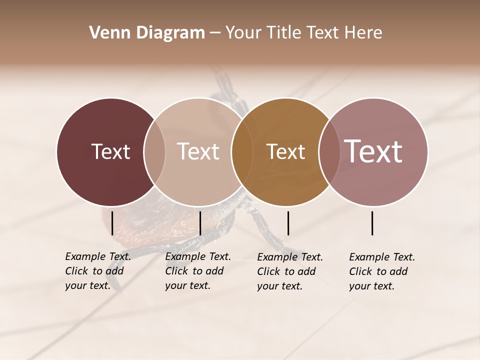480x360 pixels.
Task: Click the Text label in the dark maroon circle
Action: tap(110, 151)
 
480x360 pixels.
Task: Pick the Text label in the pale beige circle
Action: tap(198, 151)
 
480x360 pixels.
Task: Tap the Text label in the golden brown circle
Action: tap(285, 151)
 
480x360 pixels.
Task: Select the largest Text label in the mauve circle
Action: tap(373, 151)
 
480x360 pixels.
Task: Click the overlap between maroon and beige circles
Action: tap(154, 151)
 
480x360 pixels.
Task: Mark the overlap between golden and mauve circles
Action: tap(329, 151)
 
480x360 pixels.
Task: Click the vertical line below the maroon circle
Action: tap(112, 223)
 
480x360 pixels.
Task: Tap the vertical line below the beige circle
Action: tap(200, 223)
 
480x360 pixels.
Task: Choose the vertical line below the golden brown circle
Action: tap(288, 223)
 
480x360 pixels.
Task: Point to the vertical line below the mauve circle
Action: tap(372, 223)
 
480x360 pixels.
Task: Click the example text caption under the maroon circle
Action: tap(98, 271)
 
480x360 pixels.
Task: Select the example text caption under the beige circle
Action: tap(198, 271)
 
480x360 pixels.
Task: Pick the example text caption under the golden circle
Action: tap(290, 271)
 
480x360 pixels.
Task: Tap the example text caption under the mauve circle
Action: tap(382, 271)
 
